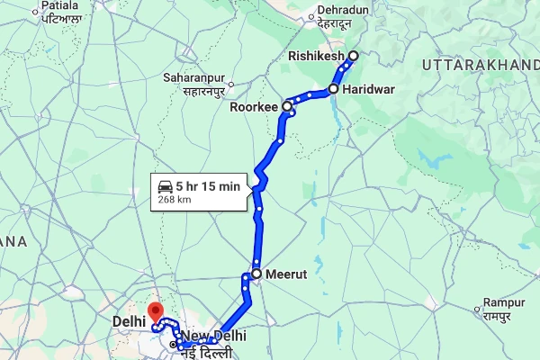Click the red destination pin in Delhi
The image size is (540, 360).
coord(155,312)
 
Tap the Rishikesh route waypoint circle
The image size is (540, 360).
coord(353,56)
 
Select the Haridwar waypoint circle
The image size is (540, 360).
coord(333,89)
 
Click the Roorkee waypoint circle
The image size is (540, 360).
coord(288,106)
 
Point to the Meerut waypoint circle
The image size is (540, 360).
coord(256,274)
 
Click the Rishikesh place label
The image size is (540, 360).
coord(316,56)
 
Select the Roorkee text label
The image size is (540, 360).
coord(255,106)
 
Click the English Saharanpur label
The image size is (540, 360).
coord(193,77)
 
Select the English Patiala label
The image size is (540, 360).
coord(61,5)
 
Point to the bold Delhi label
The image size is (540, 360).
coord(130,320)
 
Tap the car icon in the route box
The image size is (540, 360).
coord(165,186)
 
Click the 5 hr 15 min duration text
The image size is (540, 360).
coord(207,186)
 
